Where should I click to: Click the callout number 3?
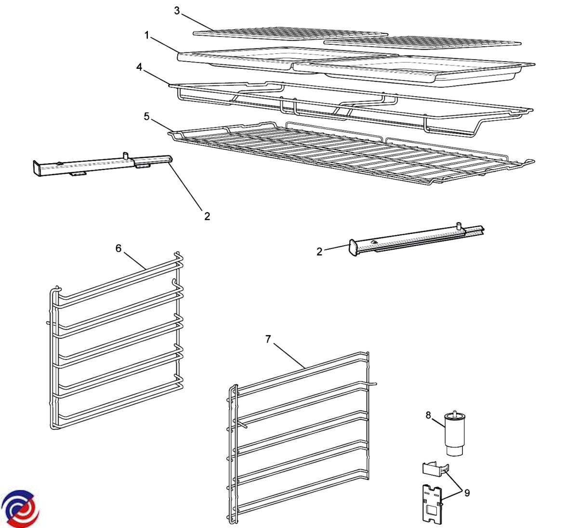pos(177,11)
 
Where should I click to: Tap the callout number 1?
pos(147,36)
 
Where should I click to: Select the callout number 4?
pos(140,67)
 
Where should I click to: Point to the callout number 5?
pos(147,116)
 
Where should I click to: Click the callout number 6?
pos(118,248)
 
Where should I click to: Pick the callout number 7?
pos(268,339)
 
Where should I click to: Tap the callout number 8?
pos(428,415)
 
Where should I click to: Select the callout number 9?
pos(467,493)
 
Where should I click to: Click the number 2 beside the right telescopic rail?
pos(319,251)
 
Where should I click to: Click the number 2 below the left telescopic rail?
pos(207,216)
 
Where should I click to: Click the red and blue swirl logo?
pos(20,509)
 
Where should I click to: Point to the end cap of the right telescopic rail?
pos(353,247)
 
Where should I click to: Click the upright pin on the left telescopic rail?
pos(125,155)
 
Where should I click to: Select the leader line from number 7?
pos(289,356)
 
